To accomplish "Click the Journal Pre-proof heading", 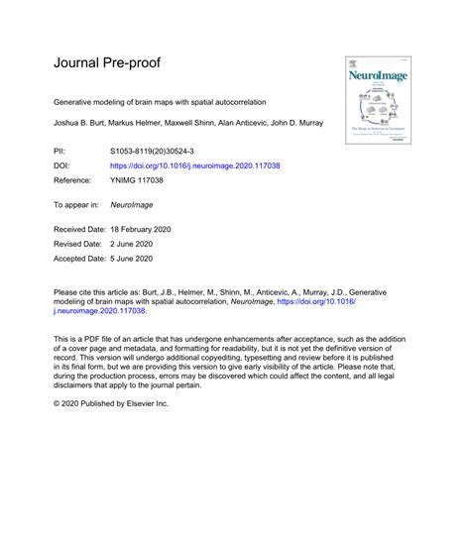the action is pyautogui.click(x=107, y=63).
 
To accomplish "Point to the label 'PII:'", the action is pyautogui.click(x=61, y=148).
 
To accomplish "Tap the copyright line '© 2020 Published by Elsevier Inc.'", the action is pyautogui.click(x=111, y=431).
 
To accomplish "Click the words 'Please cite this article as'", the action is pyautogui.click(x=99, y=293).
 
